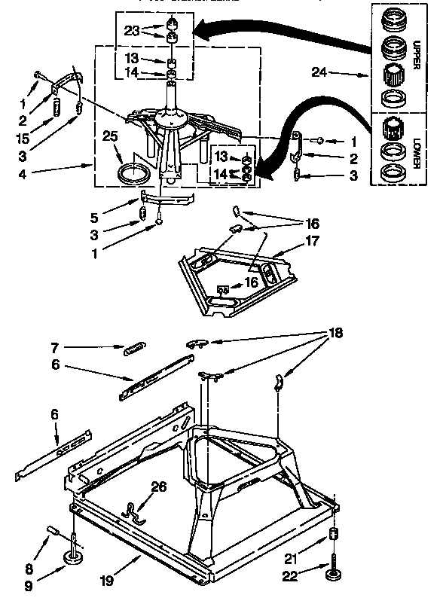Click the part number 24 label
[319, 73]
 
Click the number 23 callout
[133, 32]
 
